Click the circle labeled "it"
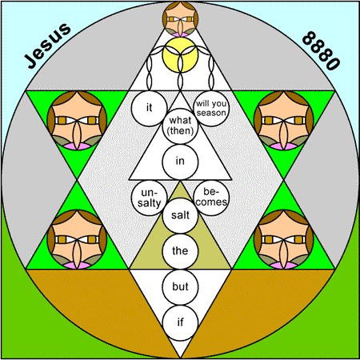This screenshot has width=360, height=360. tap(149, 108)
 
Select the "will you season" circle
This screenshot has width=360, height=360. tap(211, 108)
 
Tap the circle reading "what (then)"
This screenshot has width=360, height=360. tap(180, 126)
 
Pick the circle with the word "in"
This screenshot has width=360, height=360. tap(180, 162)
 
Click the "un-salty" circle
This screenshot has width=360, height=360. tap(149, 198)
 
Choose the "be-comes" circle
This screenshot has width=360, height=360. tap(211, 198)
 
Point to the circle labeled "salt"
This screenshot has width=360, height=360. tap(180, 215)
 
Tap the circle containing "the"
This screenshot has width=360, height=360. tap(180, 251)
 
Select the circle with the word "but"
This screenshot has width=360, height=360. tap(180, 287)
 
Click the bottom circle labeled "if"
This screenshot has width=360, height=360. tap(180, 322)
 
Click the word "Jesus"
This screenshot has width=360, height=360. tap(47, 46)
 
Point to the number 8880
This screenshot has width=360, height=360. tap(321, 50)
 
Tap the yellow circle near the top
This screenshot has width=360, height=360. tap(180, 54)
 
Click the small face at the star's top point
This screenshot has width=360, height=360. tap(180, 19)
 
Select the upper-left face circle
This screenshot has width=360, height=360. tap(77, 120)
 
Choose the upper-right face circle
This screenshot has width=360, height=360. tap(284, 120)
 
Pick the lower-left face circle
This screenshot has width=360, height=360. tap(77, 239)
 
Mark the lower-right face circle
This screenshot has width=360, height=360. tap(284, 239)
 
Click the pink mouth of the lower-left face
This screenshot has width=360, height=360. tap(77, 265)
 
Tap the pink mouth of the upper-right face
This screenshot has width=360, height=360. tap(284, 146)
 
